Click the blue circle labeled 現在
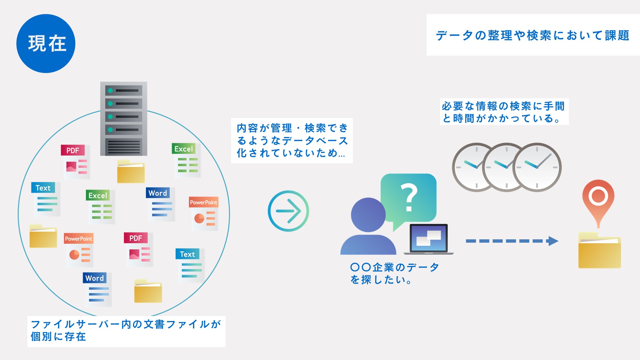coord(46,43)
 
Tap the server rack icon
coord(124,119)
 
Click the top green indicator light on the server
coord(110,90)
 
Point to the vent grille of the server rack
coord(124,147)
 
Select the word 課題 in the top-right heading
coord(617,35)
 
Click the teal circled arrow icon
coord(288,211)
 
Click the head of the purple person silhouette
coord(368,215)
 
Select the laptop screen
coord(429,238)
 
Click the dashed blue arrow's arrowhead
coord(553,241)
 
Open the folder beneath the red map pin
coord(599,250)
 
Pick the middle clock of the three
coord(506,167)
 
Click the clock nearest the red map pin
coord(537,167)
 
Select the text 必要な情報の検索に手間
coord(503,106)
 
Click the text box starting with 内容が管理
coord(292,140)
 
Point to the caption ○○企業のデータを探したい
coord(395,273)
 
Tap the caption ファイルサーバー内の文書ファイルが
coord(126,324)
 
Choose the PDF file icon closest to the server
coord(76,162)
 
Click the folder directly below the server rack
coord(131,171)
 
